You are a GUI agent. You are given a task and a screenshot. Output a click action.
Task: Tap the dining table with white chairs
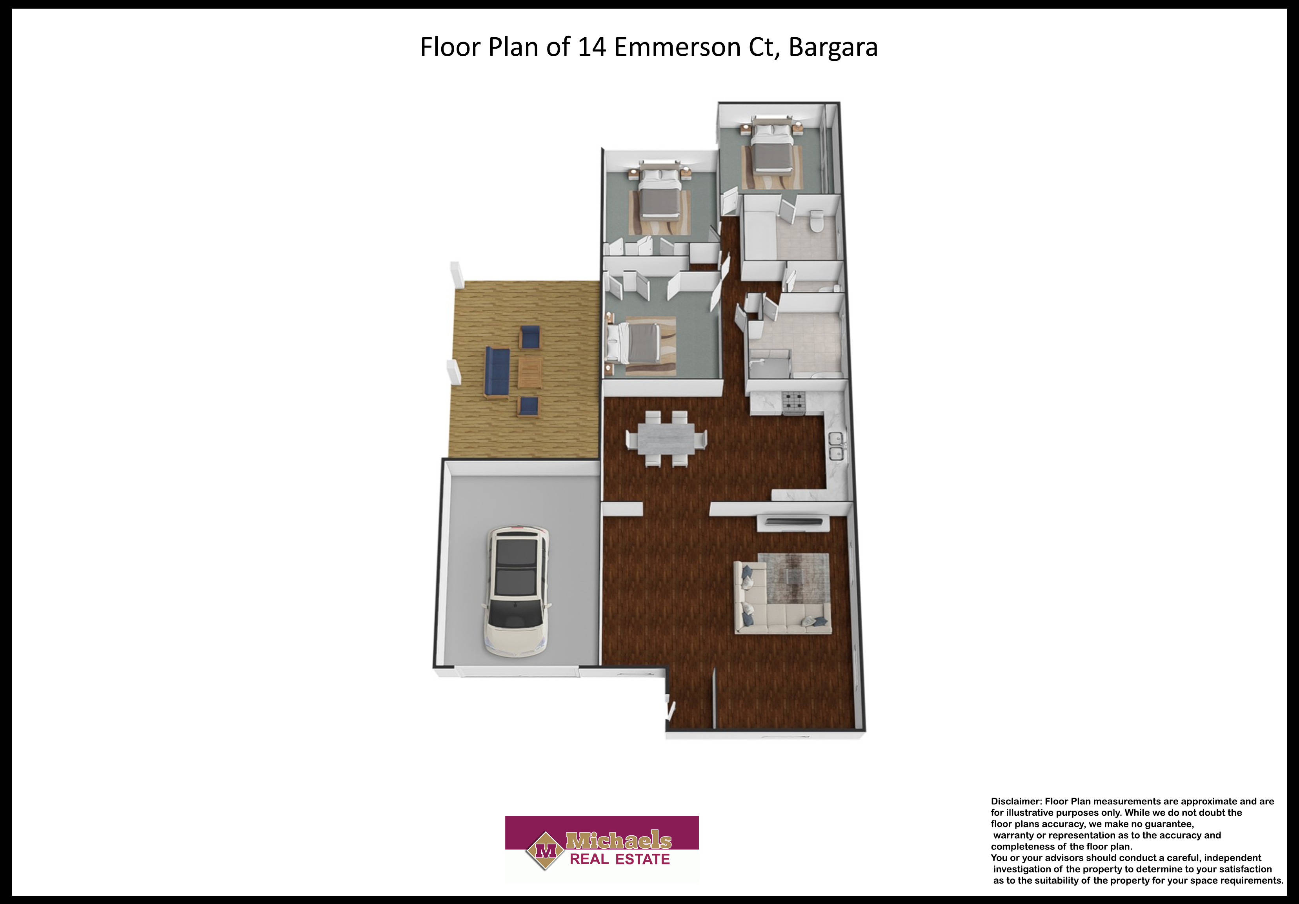(x=666, y=439)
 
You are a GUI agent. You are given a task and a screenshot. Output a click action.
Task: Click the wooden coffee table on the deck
(x=529, y=373)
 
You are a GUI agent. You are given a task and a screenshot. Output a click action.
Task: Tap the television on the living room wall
(x=793, y=521)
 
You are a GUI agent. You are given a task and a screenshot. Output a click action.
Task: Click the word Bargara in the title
(x=833, y=47)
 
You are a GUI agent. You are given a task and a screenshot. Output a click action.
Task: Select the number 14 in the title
(x=592, y=47)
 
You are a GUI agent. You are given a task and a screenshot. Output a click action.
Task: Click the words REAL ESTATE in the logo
(x=620, y=859)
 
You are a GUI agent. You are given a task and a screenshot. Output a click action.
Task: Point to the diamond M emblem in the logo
(x=545, y=851)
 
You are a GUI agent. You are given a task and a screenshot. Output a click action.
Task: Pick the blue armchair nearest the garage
(x=528, y=405)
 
